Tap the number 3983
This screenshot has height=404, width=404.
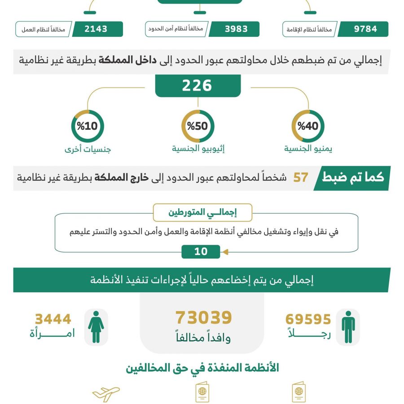pyautogui.click(x=236, y=29)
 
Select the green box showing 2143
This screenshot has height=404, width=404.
pyautogui.click(x=97, y=29)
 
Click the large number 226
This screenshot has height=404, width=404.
pyautogui.click(x=197, y=86)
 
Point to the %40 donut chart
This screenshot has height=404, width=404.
pyautogui.click(x=308, y=126)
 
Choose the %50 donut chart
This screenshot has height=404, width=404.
pyautogui.click(x=198, y=126)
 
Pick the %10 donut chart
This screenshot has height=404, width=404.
pyautogui.click(x=88, y=126)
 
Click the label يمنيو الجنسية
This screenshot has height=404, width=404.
pyautogui.click(x=308, y=149)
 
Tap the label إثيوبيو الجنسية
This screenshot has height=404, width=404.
pyautogui.click(x=198, y=149)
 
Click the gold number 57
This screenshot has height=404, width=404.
pyautogui.click(x=301, y=177)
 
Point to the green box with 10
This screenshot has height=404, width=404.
pyautogui.click(x=201, y=251)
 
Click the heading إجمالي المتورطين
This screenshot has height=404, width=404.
pyautogui.click(x=202, y=212)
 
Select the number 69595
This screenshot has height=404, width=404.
pyautogui.click(x=308, y=320)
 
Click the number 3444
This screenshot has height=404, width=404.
pyautogui.click(x=53, y=319)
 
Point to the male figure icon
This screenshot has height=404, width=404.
pyautogui.click(x=348, y=327)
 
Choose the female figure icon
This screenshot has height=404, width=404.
pyautogui.click(x=96, y=327)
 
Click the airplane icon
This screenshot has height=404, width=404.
pyautogui.click(x=106, y=393)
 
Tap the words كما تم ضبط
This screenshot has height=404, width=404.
pyautogui.click(x=353, y=177)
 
